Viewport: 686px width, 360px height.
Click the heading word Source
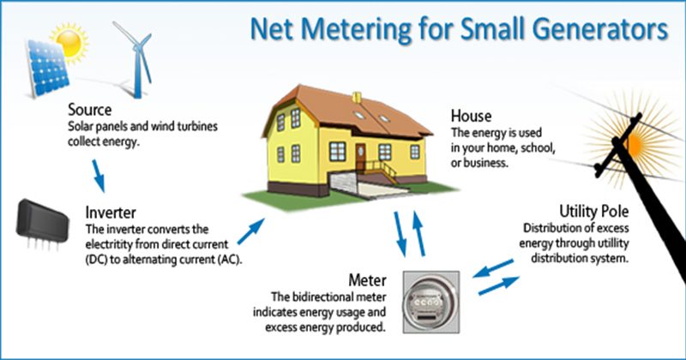tap(88, 111)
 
